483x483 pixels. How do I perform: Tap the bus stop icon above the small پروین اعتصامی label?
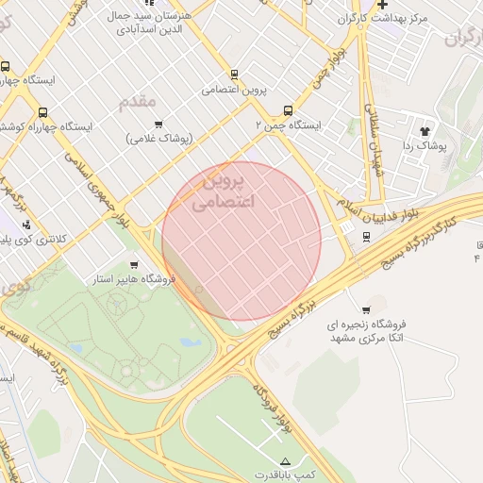coord(234,75)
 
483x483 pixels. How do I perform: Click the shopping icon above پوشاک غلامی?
coord(158,124)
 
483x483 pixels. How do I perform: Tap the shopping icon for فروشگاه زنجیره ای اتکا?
coord(365,310)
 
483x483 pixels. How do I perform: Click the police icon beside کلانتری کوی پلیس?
coord(25,225)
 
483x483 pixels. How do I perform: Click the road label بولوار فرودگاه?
coord(271,406)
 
